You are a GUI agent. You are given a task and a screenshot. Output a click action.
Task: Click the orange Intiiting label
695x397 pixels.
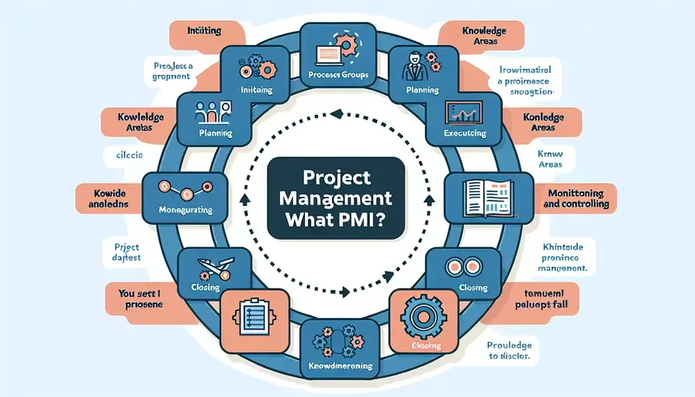[x=205, y=32]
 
